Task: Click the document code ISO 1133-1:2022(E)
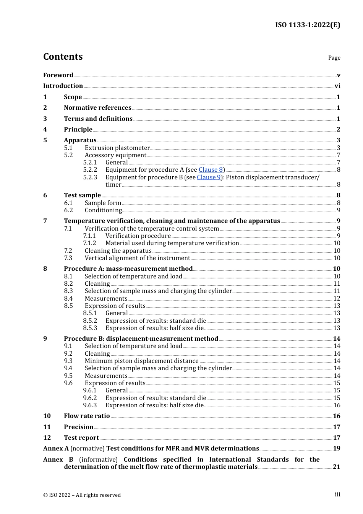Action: tap(307, 25)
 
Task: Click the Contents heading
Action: tap(63, 57)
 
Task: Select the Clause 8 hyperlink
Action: tap(211, 170)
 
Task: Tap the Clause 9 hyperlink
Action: tap(209, 177)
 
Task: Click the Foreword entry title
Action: tap(58, 75)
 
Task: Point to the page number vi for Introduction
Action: tap(337, 86)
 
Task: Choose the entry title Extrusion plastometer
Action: tap(117, 148)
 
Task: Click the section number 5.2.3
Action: tap(90, 177)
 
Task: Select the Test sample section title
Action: tap(82, 195)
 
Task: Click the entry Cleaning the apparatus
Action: tap(118, 251)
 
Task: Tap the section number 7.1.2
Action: tap(89, 243)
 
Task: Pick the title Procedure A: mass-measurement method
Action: tap(128, 269)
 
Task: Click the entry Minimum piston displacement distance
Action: tap(141, 361)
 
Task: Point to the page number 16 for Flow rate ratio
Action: tap(337, 416)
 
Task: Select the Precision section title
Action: tap(78, 427)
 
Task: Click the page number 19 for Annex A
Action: tap(337, 449)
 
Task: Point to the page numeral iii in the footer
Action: tap(337, 494)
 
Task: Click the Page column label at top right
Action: tap(334, 58)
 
